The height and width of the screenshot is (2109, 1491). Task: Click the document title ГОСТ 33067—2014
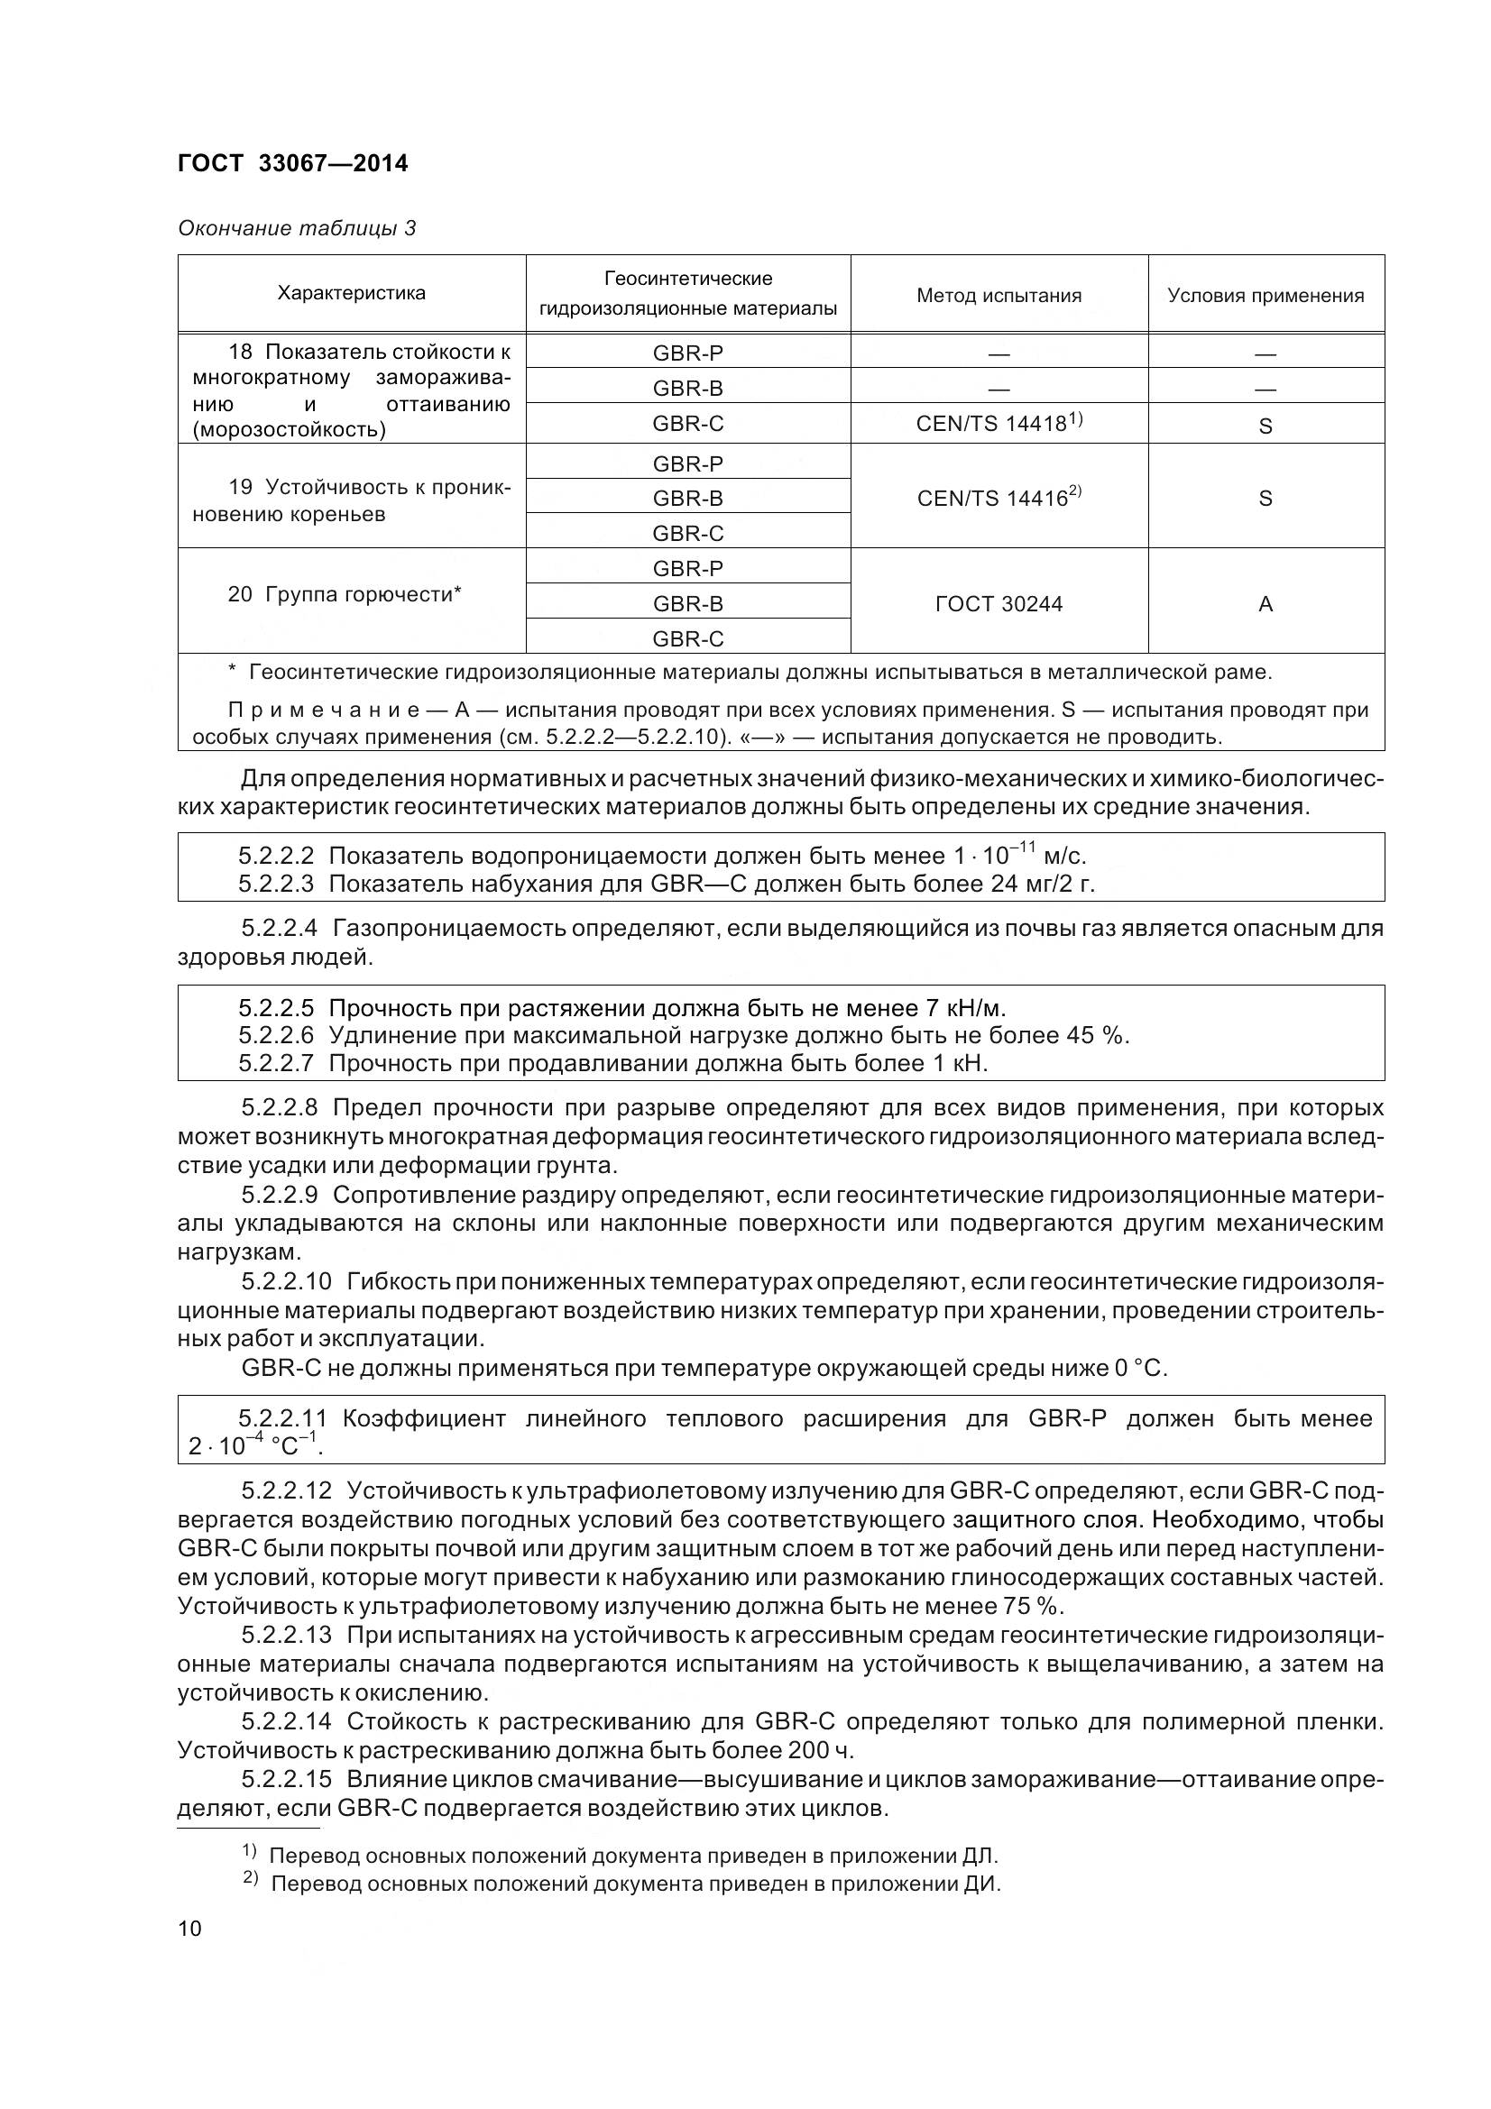[x=292, y=163]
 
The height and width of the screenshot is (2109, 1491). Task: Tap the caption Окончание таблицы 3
[x=297, y=228]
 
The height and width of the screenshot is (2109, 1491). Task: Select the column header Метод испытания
[x=999, y=296]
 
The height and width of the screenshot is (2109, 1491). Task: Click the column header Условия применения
[x=1265, y=296]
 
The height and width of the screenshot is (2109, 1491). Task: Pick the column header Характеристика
[x=351, y=293]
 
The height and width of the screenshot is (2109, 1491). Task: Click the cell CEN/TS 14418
[x=999, y=424]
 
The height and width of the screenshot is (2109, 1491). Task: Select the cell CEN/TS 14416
[x=999, y=498]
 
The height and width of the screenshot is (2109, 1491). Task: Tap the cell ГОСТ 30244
[x=999, y=603]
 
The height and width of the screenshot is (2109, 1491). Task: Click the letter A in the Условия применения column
[x=1265, y=603]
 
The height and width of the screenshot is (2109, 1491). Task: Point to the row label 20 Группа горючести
[x=345, y=594]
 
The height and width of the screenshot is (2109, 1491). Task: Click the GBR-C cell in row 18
[x=688, y=424]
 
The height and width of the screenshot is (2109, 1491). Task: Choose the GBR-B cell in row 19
[x=688, y=498]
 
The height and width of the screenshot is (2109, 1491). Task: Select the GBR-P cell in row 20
[x=688, y=569]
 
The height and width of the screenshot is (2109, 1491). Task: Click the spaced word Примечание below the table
[x=324, y=710]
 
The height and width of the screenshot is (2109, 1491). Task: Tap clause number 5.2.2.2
[x=276, y=856]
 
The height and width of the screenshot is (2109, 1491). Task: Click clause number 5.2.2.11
[x=282, y=1418]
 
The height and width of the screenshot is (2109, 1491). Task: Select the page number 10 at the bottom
[x=189, y=1927]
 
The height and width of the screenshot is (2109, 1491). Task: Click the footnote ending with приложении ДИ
[x=634, y=1884]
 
